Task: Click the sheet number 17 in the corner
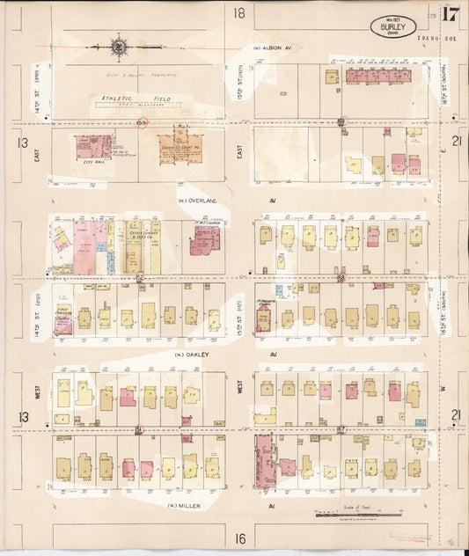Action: [451, 14]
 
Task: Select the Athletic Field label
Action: [126, 99]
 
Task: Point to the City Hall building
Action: [90, 148]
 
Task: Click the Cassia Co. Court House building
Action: [179, 150]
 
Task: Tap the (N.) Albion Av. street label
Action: [272, 48]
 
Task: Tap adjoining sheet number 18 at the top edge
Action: [238, 12]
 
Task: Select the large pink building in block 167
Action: [265, 461]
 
